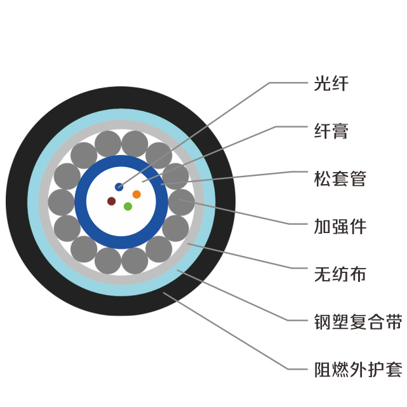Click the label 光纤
331,83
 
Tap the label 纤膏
331,131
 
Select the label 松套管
340,178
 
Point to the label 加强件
340,226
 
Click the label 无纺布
340,274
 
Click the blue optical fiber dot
119,187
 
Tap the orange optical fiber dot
137,194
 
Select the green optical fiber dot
128,206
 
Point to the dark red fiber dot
112,201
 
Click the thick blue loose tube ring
81,202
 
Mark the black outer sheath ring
17,202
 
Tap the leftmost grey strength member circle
61,202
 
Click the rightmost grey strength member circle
182,202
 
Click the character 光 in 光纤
323,83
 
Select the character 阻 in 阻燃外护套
323,370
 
